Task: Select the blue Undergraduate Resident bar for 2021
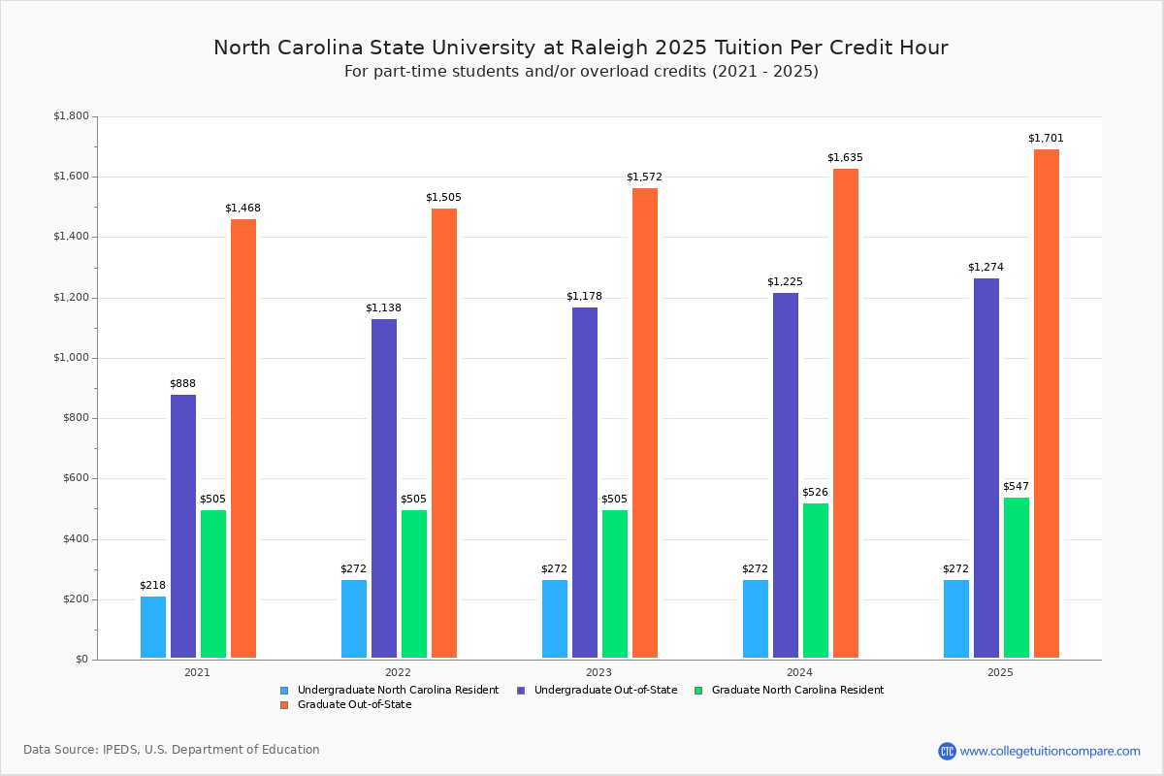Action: [153, 628]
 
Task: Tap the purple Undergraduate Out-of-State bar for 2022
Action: [384, 489]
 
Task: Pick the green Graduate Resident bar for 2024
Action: [816, 581]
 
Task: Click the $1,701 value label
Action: [1046, 138]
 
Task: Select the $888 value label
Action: [182, 383]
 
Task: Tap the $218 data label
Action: [152, 585]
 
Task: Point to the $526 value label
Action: [815, 492]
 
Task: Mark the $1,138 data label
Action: [383, 307]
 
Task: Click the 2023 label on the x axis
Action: [598, 671]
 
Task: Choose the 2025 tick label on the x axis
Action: [1000, 671]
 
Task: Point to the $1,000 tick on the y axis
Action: [71, 358]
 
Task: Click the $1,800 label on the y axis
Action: [71, 116]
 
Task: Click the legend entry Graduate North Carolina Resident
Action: [797, 690]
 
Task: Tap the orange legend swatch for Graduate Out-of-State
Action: [284, 705]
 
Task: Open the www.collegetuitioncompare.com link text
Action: [1050, 751]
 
